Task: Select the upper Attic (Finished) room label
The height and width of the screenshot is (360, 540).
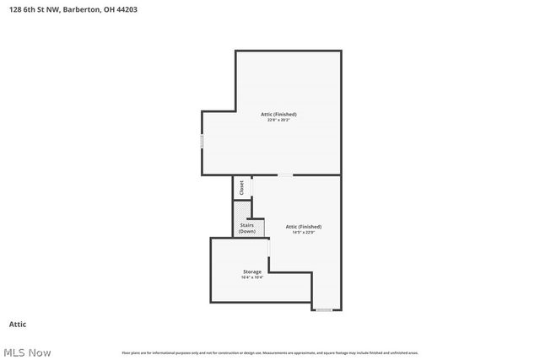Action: (278, 114)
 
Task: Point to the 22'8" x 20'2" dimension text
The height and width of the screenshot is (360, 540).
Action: (278, 120)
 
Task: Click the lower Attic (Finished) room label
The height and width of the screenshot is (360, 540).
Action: (304, 226)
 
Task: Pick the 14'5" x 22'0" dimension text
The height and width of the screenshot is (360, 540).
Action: (304, 232)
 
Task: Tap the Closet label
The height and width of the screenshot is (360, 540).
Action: (241, 188)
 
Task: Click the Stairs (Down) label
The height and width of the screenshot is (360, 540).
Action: (247, 228)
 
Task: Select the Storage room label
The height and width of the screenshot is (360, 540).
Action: (252, 271)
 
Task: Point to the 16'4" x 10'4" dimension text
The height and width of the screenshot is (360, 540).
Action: (252, 277)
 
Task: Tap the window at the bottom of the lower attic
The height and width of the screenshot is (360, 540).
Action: (324, 310)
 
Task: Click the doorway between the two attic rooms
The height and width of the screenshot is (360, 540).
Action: (286, 175)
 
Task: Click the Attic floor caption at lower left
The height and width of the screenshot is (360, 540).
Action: (18, 324)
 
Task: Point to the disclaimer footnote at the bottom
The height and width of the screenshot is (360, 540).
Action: (270, 352)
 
